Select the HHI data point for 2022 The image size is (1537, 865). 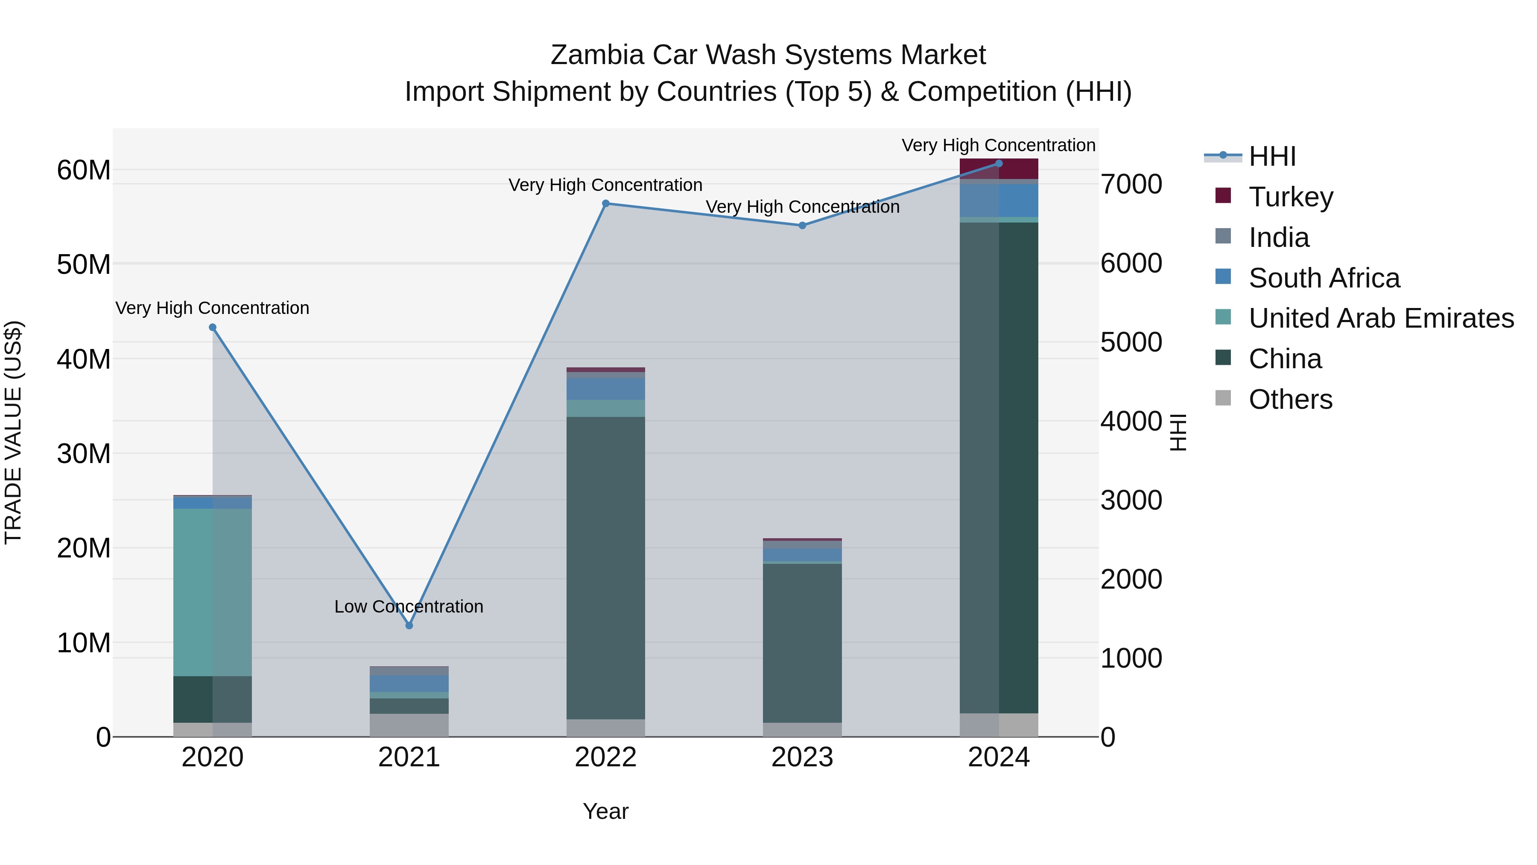point(605,204)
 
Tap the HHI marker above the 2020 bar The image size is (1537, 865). point(213,327)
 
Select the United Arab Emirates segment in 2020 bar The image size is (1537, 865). point(213,591)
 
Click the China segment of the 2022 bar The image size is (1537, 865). point(605,567)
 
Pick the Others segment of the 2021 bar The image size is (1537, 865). point(409,725)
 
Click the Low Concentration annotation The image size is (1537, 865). point(409,607)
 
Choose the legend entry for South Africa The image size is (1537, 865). point(1324,278)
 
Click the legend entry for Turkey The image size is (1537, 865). point(1291,197)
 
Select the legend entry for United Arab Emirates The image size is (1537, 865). point(1381,318)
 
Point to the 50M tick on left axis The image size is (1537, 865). point(84,264)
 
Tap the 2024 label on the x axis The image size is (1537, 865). point(998,757)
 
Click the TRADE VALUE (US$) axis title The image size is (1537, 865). point(14,432)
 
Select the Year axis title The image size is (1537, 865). point(605,811)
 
